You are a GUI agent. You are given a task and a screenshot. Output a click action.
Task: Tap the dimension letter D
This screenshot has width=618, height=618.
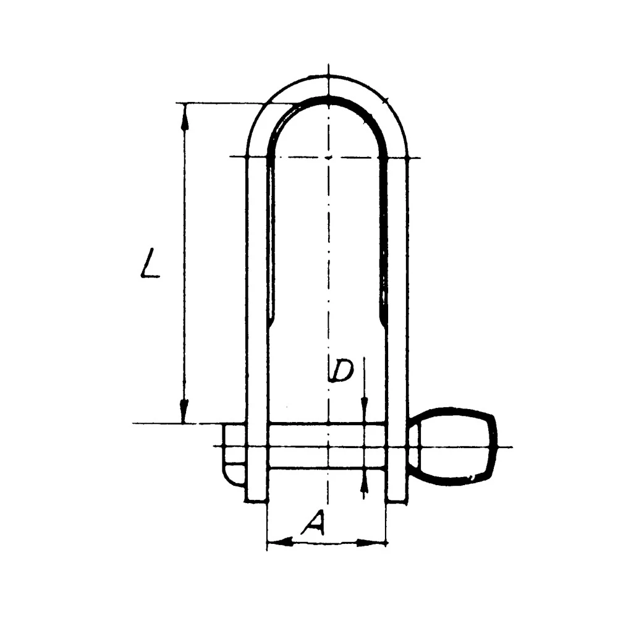pos(341,370)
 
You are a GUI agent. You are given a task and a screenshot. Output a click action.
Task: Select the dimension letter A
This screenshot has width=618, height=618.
pos(313,524)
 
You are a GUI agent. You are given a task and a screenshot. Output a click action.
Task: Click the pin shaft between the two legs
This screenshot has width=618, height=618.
pos(328,446)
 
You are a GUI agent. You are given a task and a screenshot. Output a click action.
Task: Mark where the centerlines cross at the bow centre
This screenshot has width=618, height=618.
pos(328,157)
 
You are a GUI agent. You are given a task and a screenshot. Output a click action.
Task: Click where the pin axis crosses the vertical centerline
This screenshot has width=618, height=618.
pos(328,446)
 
